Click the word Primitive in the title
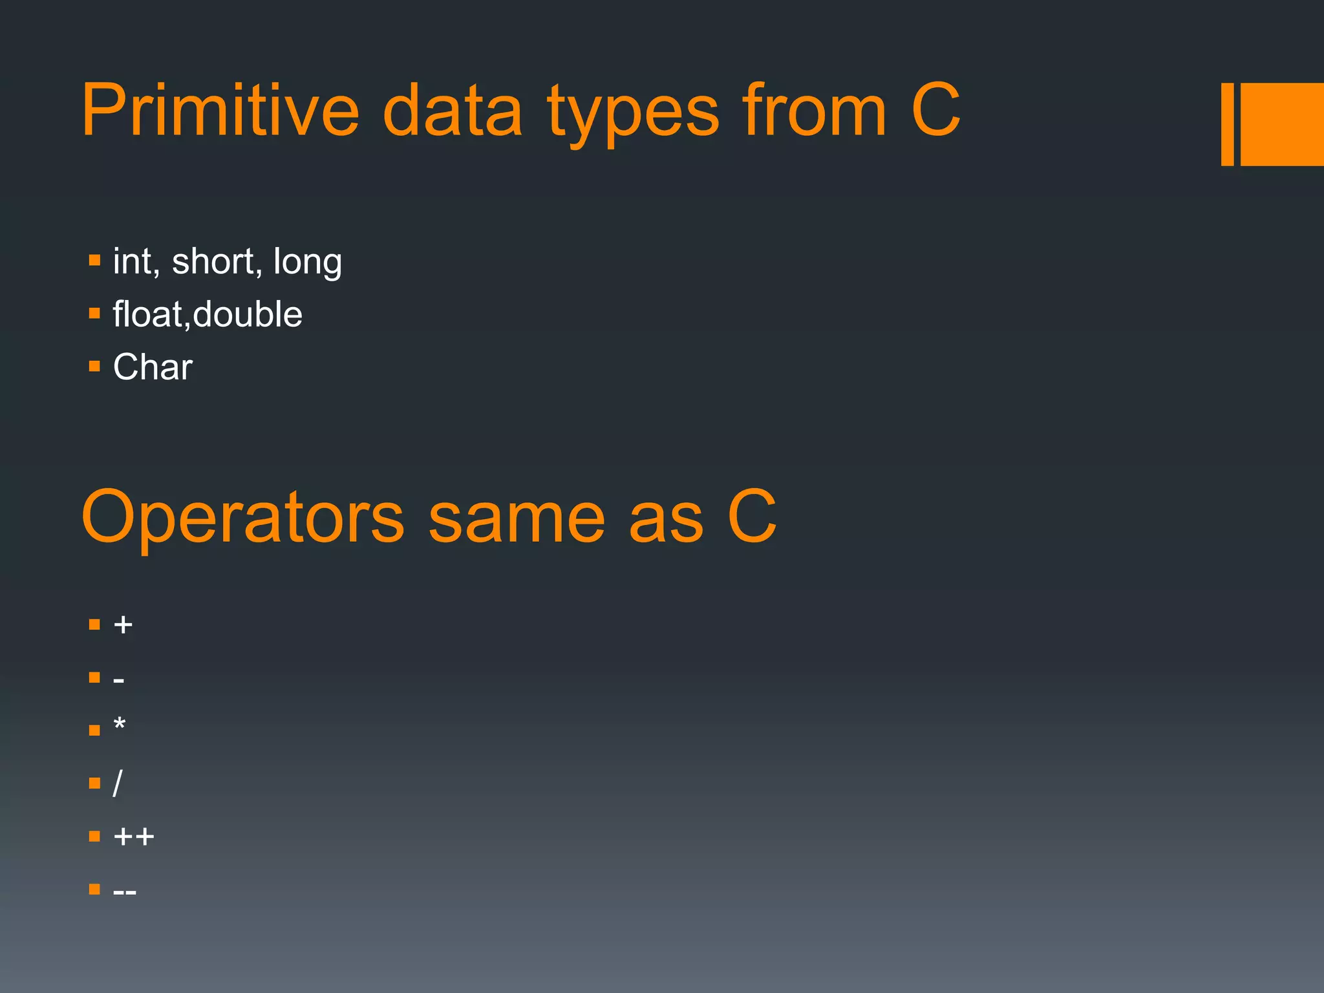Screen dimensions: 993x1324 (x=220, y=111)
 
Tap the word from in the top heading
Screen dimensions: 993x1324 (x=815, y=111)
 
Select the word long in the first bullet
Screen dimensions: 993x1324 (x=307, y=262)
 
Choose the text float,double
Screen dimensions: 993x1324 (x=208, y=314)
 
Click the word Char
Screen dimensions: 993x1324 (x=153, y=367)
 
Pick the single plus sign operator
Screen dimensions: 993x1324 (x=123, y=625)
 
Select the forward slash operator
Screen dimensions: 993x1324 (x=117, y=784)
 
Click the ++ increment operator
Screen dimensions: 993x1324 (x=133, y=837)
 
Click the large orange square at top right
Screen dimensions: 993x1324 (x=1282, y=124)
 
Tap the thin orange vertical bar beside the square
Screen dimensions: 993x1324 (x=1227, y=124)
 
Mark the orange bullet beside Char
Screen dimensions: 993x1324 (x=94, y=367)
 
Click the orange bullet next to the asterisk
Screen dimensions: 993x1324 (x=94, y=731)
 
